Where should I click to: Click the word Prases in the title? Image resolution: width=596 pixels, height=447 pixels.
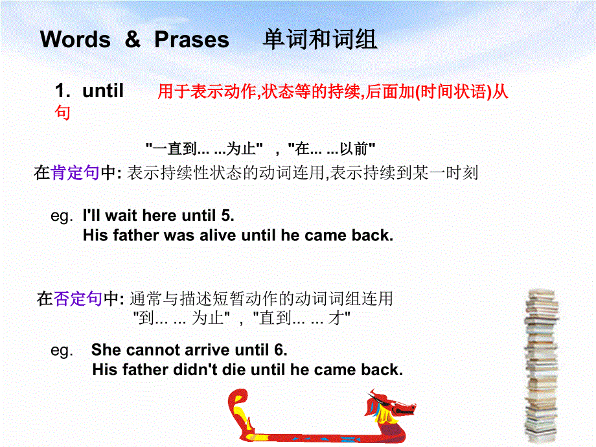click(x=192, y=40)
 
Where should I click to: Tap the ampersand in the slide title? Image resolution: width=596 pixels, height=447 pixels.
click(x=132, y=40)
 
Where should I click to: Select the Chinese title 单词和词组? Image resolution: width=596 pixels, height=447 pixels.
click(x=320, y=40)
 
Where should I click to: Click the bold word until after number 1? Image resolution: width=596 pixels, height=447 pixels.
click(x=103, y=91)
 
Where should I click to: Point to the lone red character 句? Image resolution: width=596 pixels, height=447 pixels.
click(x=62, y=112)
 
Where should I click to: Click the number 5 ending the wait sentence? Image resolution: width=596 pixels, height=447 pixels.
click(x=228, y=216)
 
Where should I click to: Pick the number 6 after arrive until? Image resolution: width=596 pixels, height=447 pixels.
click(x=279, y=350)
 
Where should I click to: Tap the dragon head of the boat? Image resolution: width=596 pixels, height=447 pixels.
click(x=389, y=404)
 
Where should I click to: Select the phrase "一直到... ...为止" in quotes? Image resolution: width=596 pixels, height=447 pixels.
click(x=204, y=149)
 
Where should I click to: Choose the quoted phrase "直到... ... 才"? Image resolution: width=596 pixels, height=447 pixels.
click(x=303, y=318)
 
